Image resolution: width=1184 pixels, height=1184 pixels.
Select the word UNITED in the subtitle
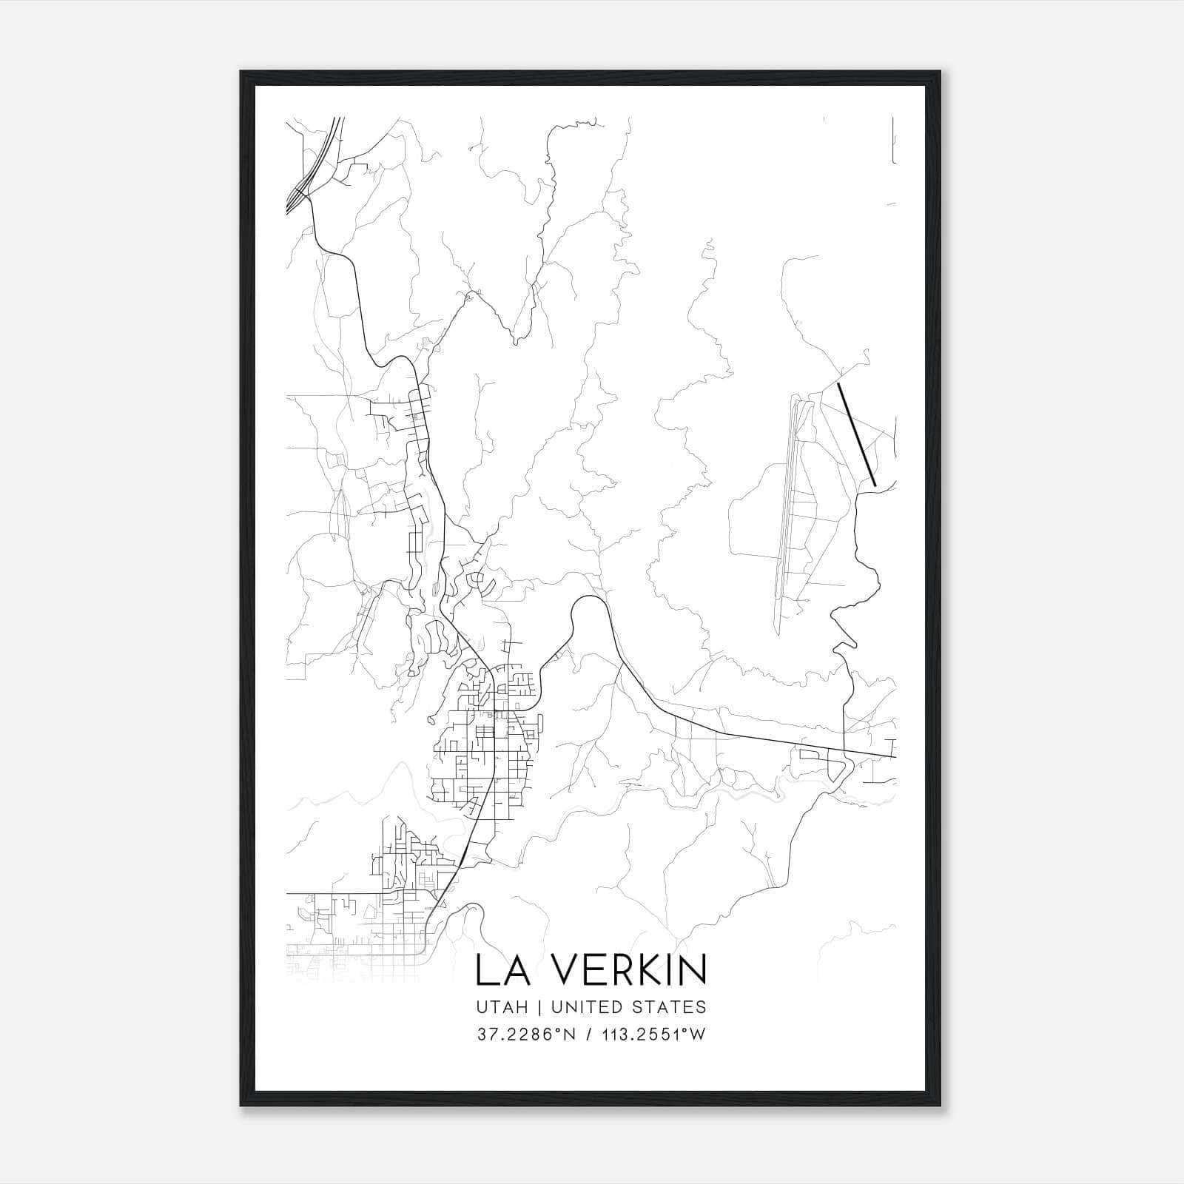pyautogui.click(x=586, y=1007)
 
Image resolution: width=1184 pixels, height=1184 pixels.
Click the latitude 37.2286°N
pyautogui.click(x=526, y=1035)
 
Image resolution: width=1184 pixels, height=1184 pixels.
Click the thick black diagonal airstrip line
pyautogui.click(x=857, y=434)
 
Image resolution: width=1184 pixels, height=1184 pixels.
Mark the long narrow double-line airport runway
pyautogui.click(x=787, y=511)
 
